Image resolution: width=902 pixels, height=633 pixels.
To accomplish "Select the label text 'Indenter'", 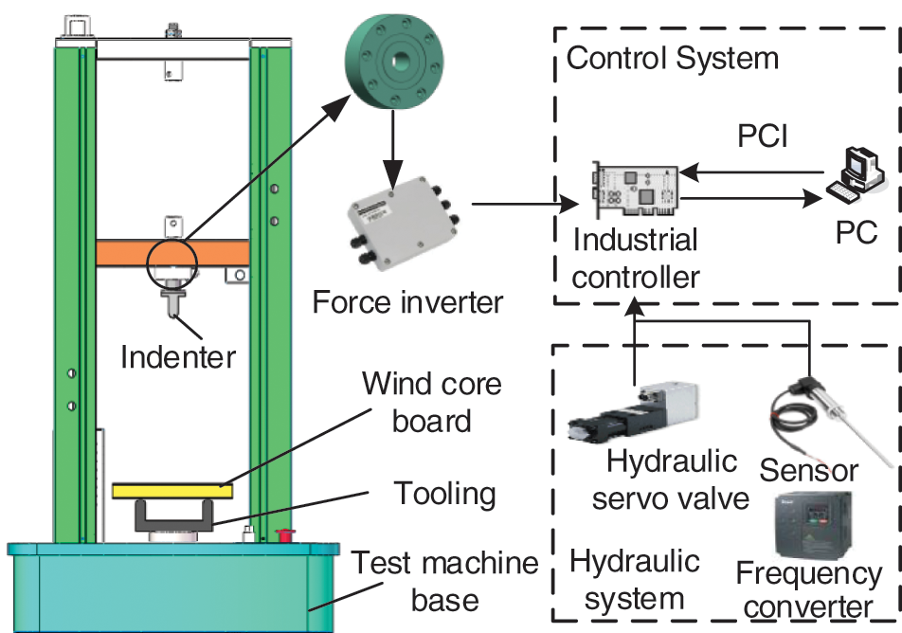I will click(x=177, y=356).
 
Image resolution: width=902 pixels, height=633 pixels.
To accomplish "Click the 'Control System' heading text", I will click(x=672, y=59).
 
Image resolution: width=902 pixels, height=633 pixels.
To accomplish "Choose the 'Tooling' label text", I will click(x=444, y=494).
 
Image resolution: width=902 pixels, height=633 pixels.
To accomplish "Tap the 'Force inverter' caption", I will click(x=408, y=303).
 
